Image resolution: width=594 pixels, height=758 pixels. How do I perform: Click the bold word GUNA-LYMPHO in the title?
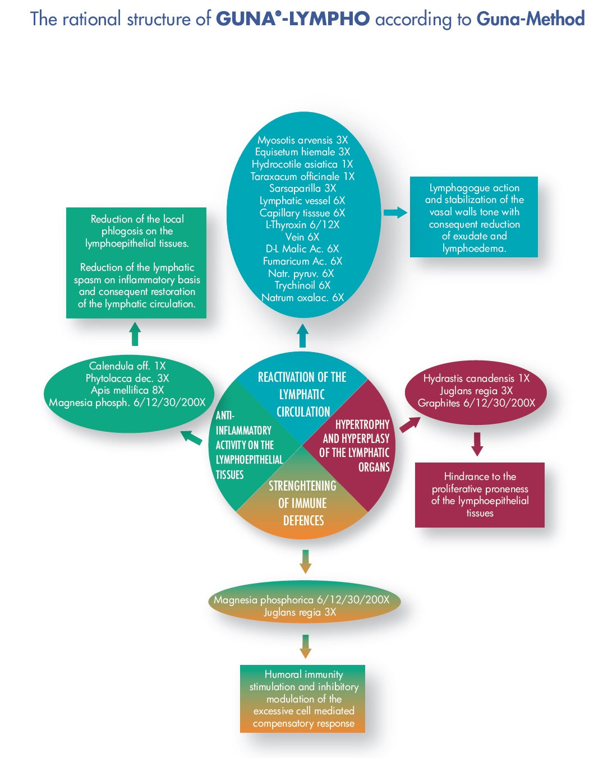coord(293,19)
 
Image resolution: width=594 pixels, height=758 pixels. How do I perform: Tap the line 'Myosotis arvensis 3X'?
coord(302,140)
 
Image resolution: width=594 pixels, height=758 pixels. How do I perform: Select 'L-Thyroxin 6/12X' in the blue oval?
coord(302,225)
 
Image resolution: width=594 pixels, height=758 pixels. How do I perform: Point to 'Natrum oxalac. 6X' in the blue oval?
coord(302,298)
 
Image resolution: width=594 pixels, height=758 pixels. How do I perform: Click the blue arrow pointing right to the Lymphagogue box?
coord(395,212)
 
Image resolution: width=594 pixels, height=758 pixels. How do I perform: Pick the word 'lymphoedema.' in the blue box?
coord(474,248)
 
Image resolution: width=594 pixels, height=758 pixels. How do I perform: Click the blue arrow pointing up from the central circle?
coord(302,336)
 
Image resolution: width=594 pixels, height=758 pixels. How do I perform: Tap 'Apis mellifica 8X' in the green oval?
coord(127,390)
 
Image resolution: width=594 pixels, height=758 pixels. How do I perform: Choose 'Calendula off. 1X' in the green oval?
coord(127,366)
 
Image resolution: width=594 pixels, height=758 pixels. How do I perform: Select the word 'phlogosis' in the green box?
coord(123,231)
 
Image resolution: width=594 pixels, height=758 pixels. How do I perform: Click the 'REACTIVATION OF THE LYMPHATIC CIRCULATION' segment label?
coord(302,394)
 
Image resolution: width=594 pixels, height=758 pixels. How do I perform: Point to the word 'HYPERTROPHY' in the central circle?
coord(362,424)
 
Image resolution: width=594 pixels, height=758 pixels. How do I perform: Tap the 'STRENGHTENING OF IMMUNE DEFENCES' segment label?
coord(303,503)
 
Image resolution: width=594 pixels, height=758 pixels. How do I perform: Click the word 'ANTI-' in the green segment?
coord(225,415)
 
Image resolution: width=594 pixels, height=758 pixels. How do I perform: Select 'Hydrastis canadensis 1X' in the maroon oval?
coord(476,378)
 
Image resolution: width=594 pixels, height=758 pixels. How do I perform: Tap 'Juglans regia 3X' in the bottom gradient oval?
coord(300,612)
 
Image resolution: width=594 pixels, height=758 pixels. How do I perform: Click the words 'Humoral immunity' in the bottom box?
coord(303,674)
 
